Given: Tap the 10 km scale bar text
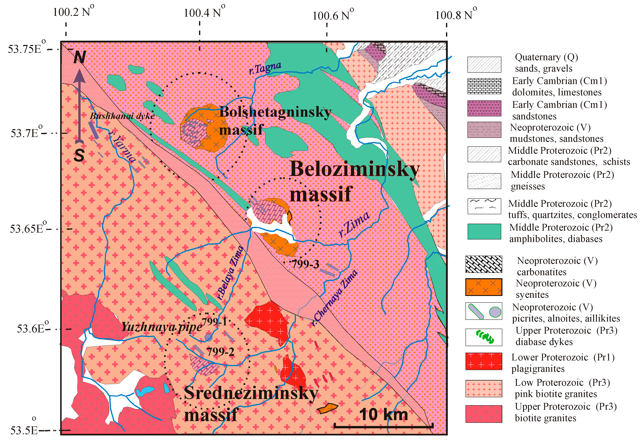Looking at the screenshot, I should [383, 415].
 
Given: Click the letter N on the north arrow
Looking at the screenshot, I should [80, 57].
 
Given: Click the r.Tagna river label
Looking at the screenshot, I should [265, 68].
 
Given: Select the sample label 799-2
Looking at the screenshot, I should [221, 352].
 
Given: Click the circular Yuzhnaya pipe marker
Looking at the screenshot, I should [208, 337].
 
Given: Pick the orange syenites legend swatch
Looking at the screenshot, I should [483, 287].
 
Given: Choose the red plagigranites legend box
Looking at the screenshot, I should [483, 361].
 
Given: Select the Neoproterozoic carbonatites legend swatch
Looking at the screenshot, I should [483, 264].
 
